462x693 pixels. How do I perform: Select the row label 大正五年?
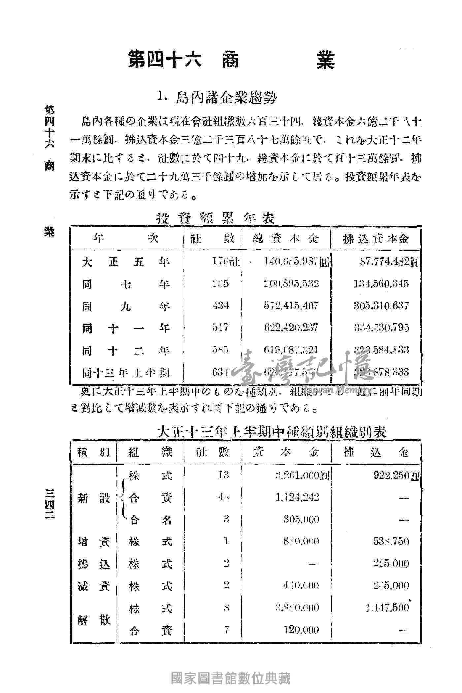[x=126, y=262]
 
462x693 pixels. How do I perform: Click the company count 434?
[x=221, y=306]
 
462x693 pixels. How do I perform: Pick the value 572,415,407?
[x=291, y=306]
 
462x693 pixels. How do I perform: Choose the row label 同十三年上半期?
[x=126, y=373]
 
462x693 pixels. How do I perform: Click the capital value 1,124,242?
[x=297, y=497]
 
